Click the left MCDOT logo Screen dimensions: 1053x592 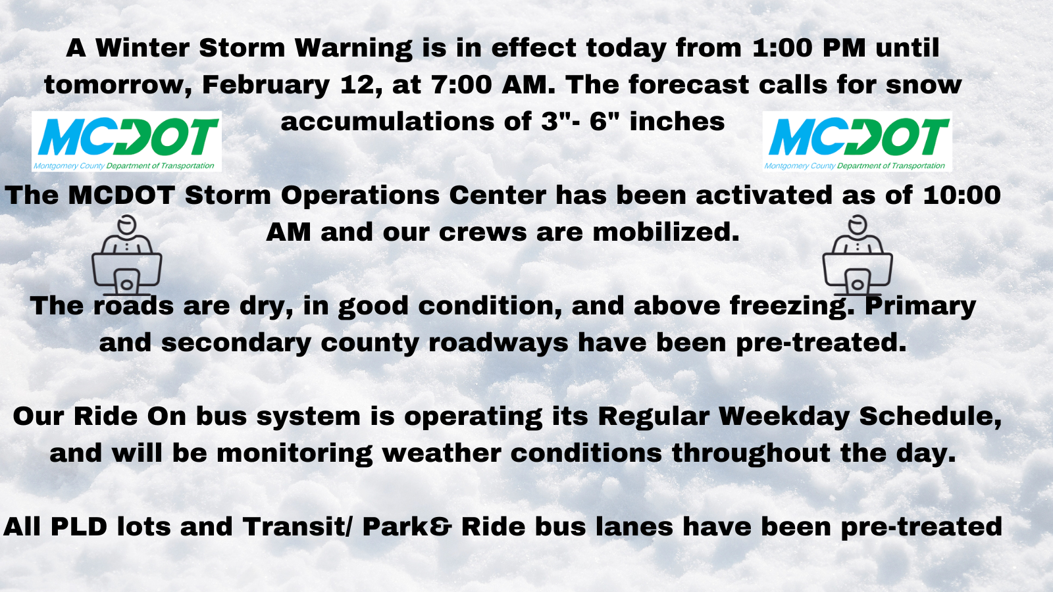(x=126, y=141)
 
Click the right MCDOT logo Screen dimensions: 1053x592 (x=857, y=141)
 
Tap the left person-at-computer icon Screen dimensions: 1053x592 (x=126, y=255)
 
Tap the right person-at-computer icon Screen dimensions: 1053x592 (x=858, y=255)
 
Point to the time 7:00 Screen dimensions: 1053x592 (x=461, y=85)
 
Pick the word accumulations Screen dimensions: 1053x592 (x=388, y=122)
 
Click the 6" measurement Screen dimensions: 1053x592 (x=604, y=121)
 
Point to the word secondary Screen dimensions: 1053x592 (x=236, y=343)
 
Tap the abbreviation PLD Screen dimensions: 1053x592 (x=79, y=527)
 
